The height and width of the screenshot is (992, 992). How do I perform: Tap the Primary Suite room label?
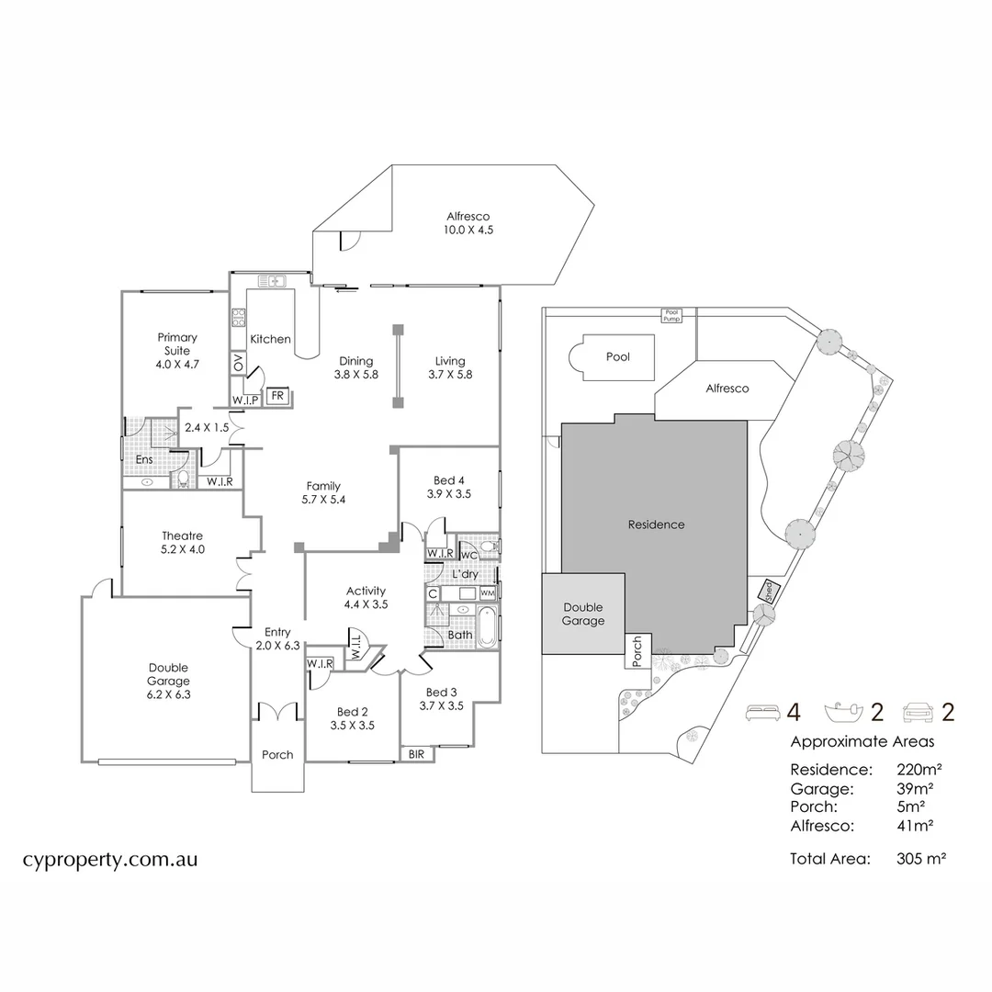(x=177, y=351)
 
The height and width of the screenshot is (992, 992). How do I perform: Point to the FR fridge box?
(x=276, y=397)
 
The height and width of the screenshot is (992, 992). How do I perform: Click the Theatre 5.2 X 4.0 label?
(x=182, y=542)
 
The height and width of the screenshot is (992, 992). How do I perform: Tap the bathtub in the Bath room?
(x=488, y=629)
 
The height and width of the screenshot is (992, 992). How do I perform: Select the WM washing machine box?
(x=487, y=593)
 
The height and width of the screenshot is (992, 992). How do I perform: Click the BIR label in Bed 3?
(x=417, y=753)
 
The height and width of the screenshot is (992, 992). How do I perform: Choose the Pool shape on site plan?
(x=614, y=356)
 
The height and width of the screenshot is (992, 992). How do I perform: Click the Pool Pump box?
(x=673, y=314)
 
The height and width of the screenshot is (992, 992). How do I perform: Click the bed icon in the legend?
(x=761, y=711)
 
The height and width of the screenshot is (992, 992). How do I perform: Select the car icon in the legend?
(x=919, y=711)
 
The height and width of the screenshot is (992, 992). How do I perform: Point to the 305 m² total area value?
(x=921, y=859)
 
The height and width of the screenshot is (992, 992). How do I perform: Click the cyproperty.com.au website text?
(x=110, y=860)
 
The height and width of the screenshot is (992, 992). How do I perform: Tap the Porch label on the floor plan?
(x=277, y=755)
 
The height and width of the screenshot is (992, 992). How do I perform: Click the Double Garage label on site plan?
(x=583, y=614)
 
